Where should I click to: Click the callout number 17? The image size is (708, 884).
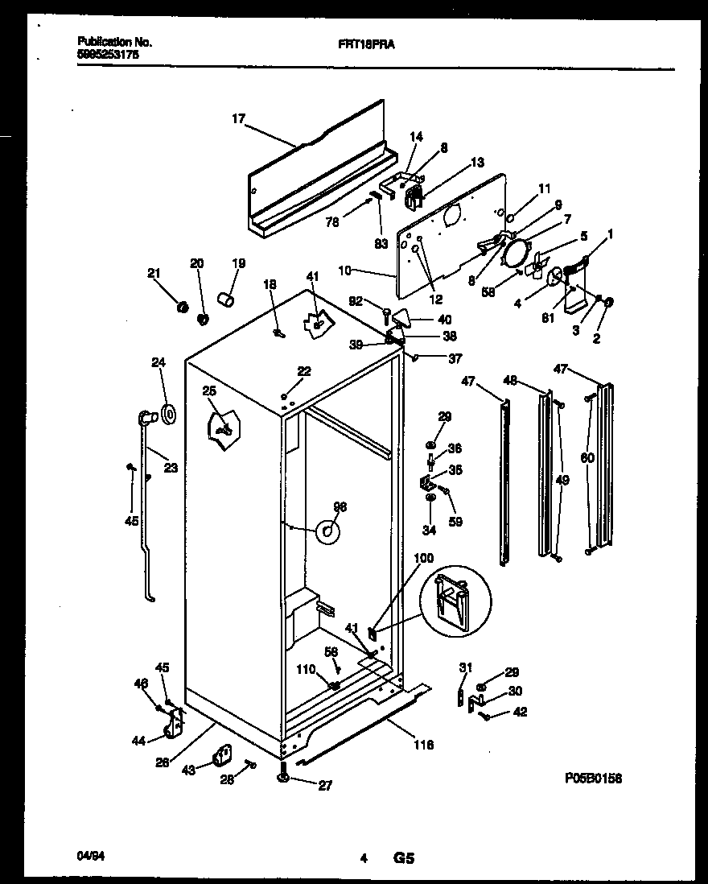coord(238,119)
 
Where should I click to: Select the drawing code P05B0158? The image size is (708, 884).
coord(593,778)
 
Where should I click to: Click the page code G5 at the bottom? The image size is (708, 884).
coord(403,859)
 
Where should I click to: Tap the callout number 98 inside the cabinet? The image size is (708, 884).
coord(340,506)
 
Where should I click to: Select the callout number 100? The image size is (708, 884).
coord(423,557)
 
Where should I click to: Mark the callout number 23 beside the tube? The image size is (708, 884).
coord(171,468)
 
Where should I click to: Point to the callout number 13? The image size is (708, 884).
coord(477,162)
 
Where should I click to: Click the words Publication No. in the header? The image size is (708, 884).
coord(114,41)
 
